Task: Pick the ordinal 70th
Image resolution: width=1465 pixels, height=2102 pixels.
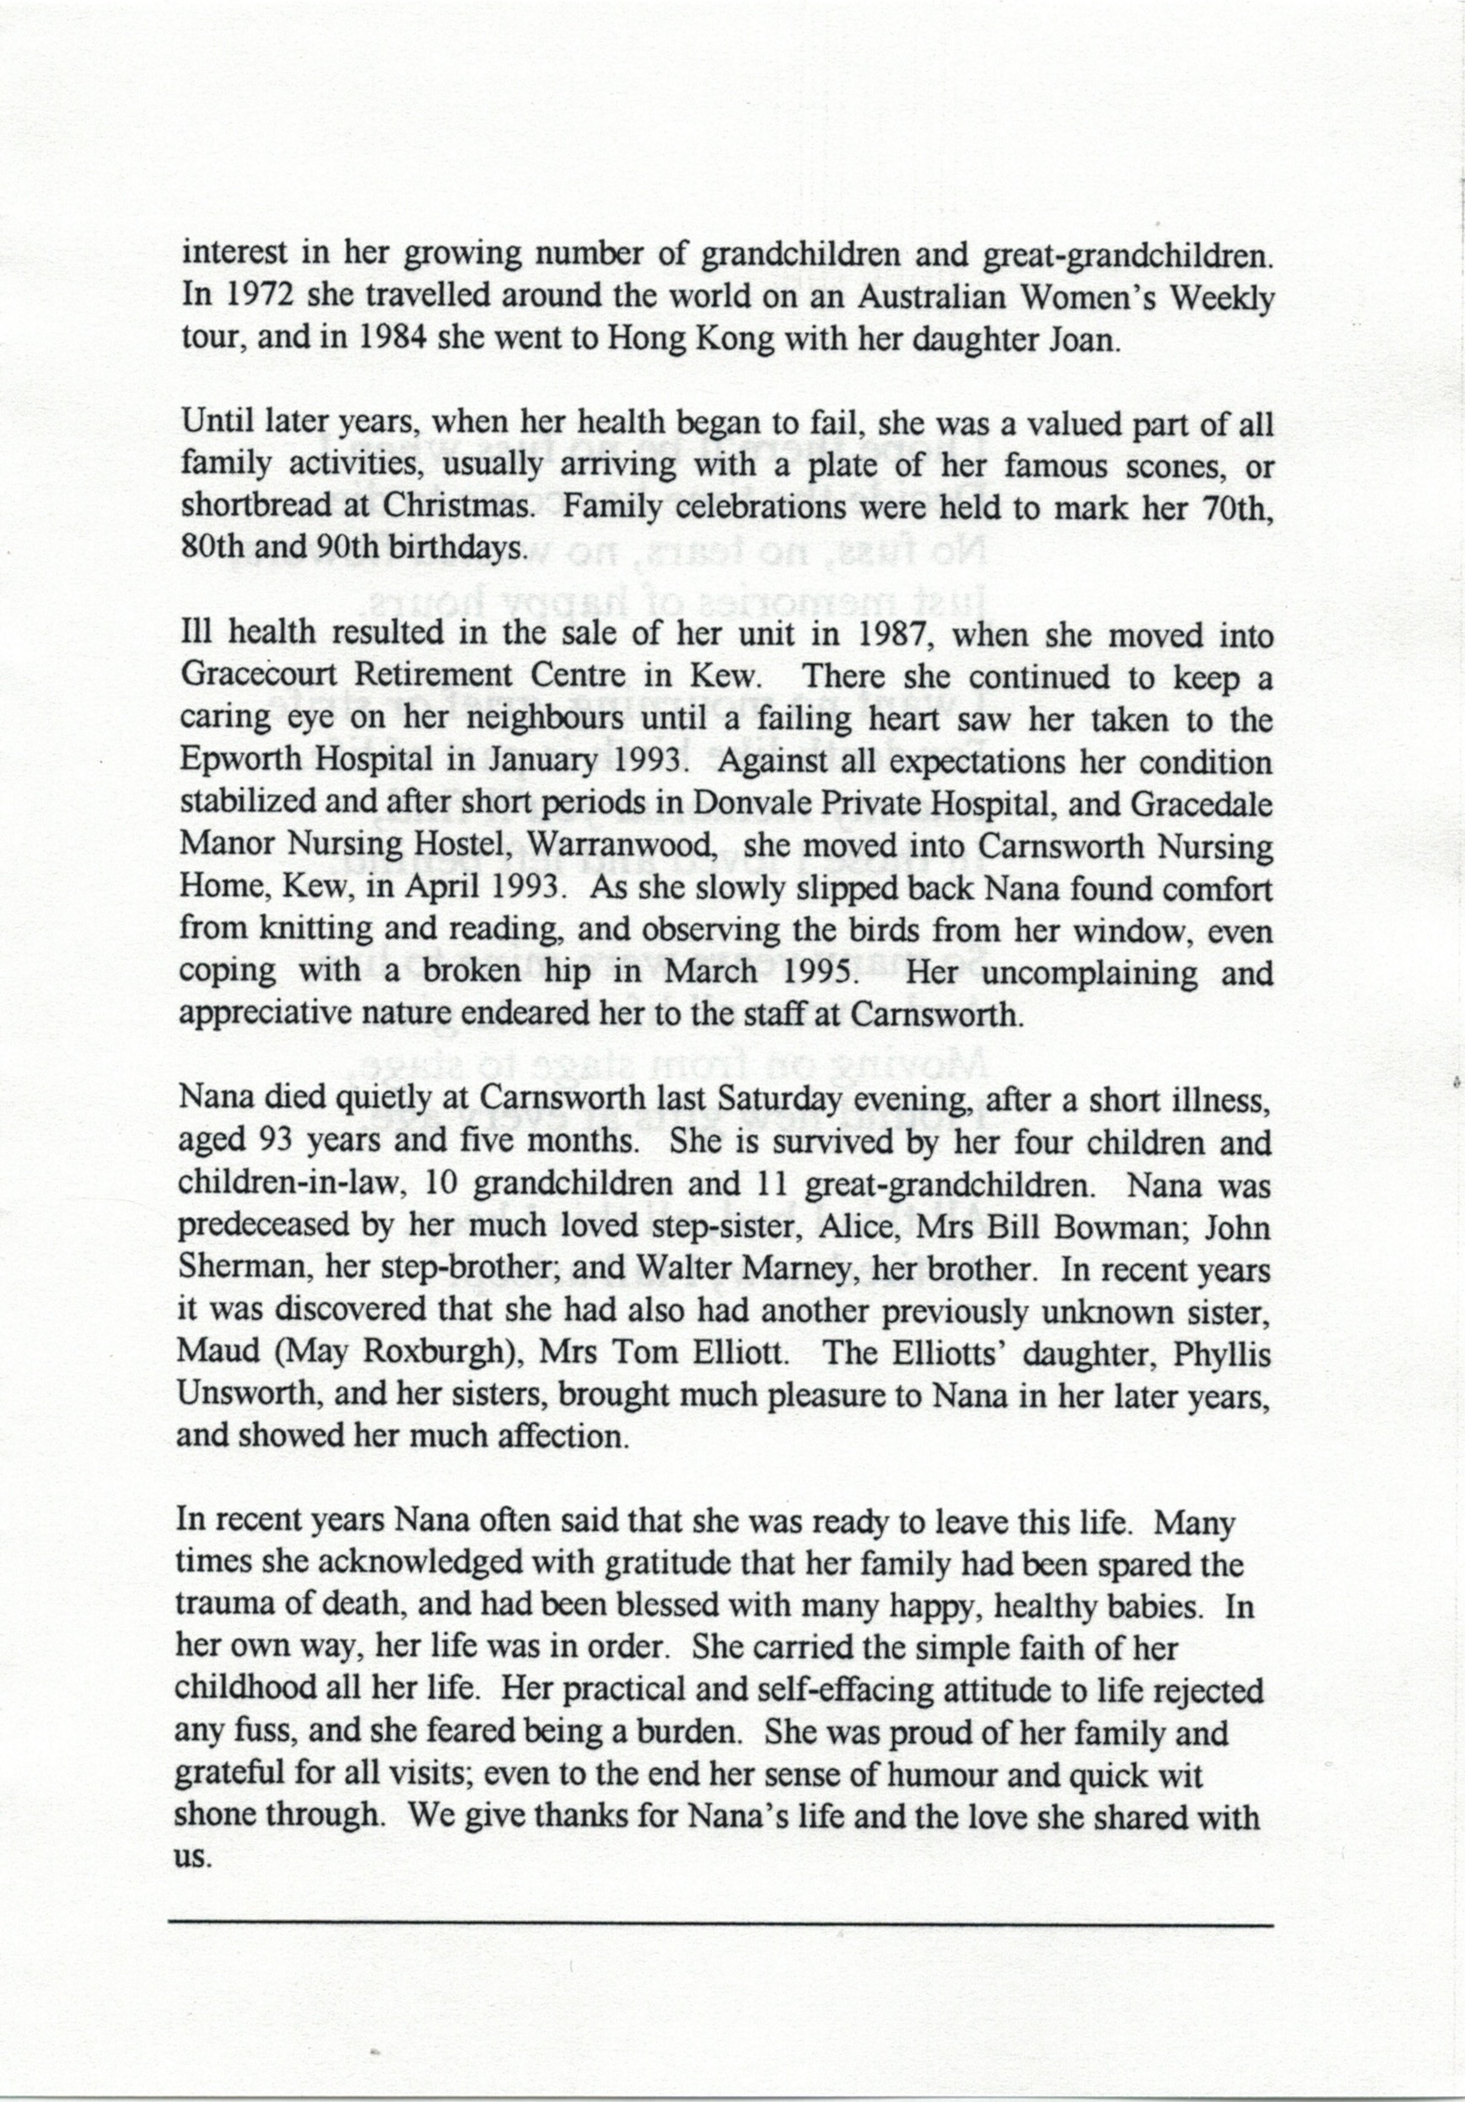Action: click(x=1236, y=506)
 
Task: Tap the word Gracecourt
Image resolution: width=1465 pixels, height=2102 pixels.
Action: click(x=258, y=675)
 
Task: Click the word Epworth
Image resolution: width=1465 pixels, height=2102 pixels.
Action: click(x=236, y=761)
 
